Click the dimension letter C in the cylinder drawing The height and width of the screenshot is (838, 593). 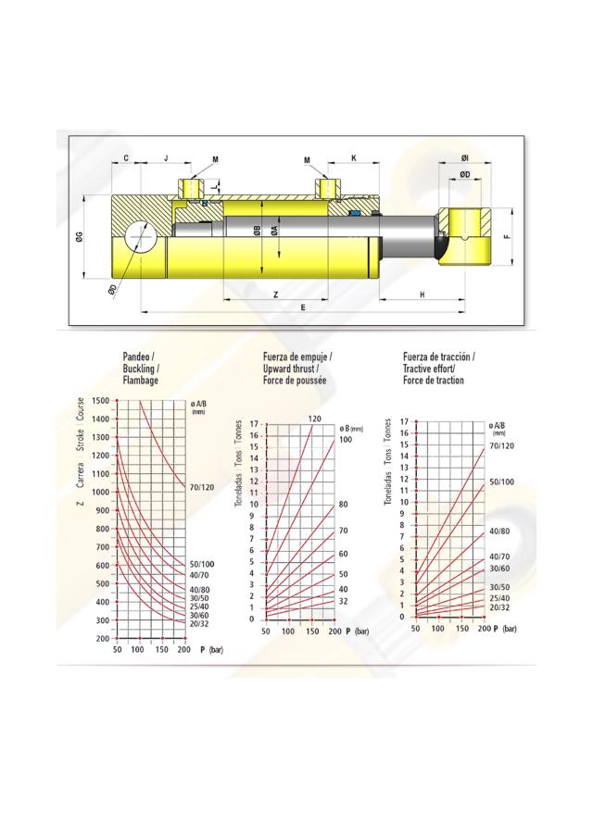125,158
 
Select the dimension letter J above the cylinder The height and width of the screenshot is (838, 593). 165,158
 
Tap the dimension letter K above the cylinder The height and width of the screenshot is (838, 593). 353,158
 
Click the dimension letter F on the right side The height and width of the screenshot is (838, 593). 507,236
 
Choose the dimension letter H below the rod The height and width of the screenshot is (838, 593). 422,294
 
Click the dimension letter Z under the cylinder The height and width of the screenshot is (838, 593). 276,294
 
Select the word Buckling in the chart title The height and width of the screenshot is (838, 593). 142,369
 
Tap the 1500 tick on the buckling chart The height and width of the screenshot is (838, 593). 97,400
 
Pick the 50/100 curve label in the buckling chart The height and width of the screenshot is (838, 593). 202,564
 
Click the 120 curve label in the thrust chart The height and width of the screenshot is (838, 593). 315,419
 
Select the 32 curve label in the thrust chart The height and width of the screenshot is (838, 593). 342,601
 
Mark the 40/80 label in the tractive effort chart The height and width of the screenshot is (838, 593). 499,532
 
